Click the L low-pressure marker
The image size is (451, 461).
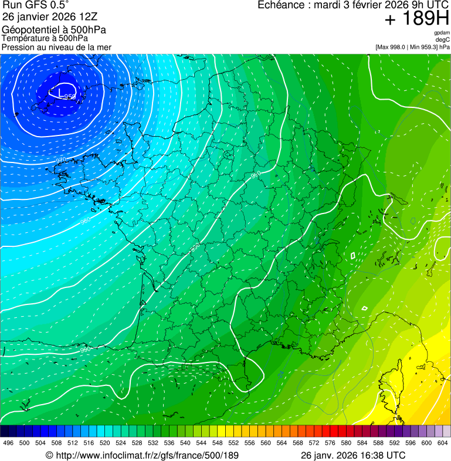pos(53,92)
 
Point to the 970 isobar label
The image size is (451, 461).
pos(61,160)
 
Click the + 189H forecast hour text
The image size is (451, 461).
pos(416,19)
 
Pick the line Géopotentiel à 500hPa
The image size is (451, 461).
pos(54,29)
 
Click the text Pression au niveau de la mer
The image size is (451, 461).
pos(56,47)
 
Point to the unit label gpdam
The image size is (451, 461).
pos(442,33)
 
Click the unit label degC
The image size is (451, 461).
pos(443,39)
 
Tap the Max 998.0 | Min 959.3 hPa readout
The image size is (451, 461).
pos(413,46)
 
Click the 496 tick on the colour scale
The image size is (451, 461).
pos(8,442)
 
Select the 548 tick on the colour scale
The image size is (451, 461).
pos(218,442)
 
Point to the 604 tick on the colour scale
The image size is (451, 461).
pos(443,442)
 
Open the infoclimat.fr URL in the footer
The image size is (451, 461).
pos(143,455)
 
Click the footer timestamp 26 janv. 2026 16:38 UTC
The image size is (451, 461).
pos(353,455)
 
